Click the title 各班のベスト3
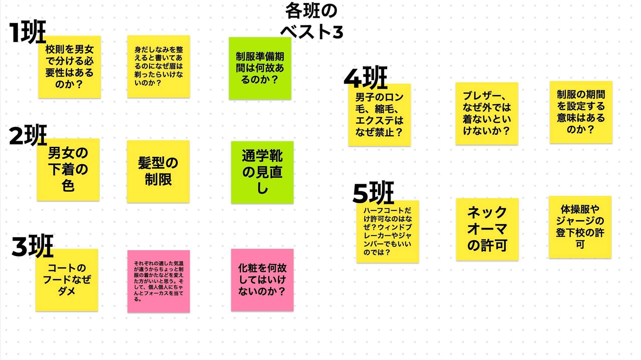pos(311,20)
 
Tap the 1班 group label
pos(28,32)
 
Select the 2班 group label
pos(28,135)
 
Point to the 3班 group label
pos(32,246)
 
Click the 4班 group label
pos(365,77)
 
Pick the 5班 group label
pos(373,193)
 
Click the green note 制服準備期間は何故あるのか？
pos(260,69)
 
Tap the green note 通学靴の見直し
pos(262,172)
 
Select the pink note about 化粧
pos(262,280)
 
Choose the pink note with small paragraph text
pos(158,281)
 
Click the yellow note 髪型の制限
pos(158,171)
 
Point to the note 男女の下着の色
pos(68,170)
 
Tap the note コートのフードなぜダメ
pos(67,280)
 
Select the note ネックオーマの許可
pos(487,229)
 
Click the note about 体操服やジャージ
pos(580,227)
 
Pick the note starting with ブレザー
pos(487,113)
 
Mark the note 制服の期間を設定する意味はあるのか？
pos(581,112)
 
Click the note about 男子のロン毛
pos(379,115)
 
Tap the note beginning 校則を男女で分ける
pos(69,67)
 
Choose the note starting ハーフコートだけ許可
pos(387,231)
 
